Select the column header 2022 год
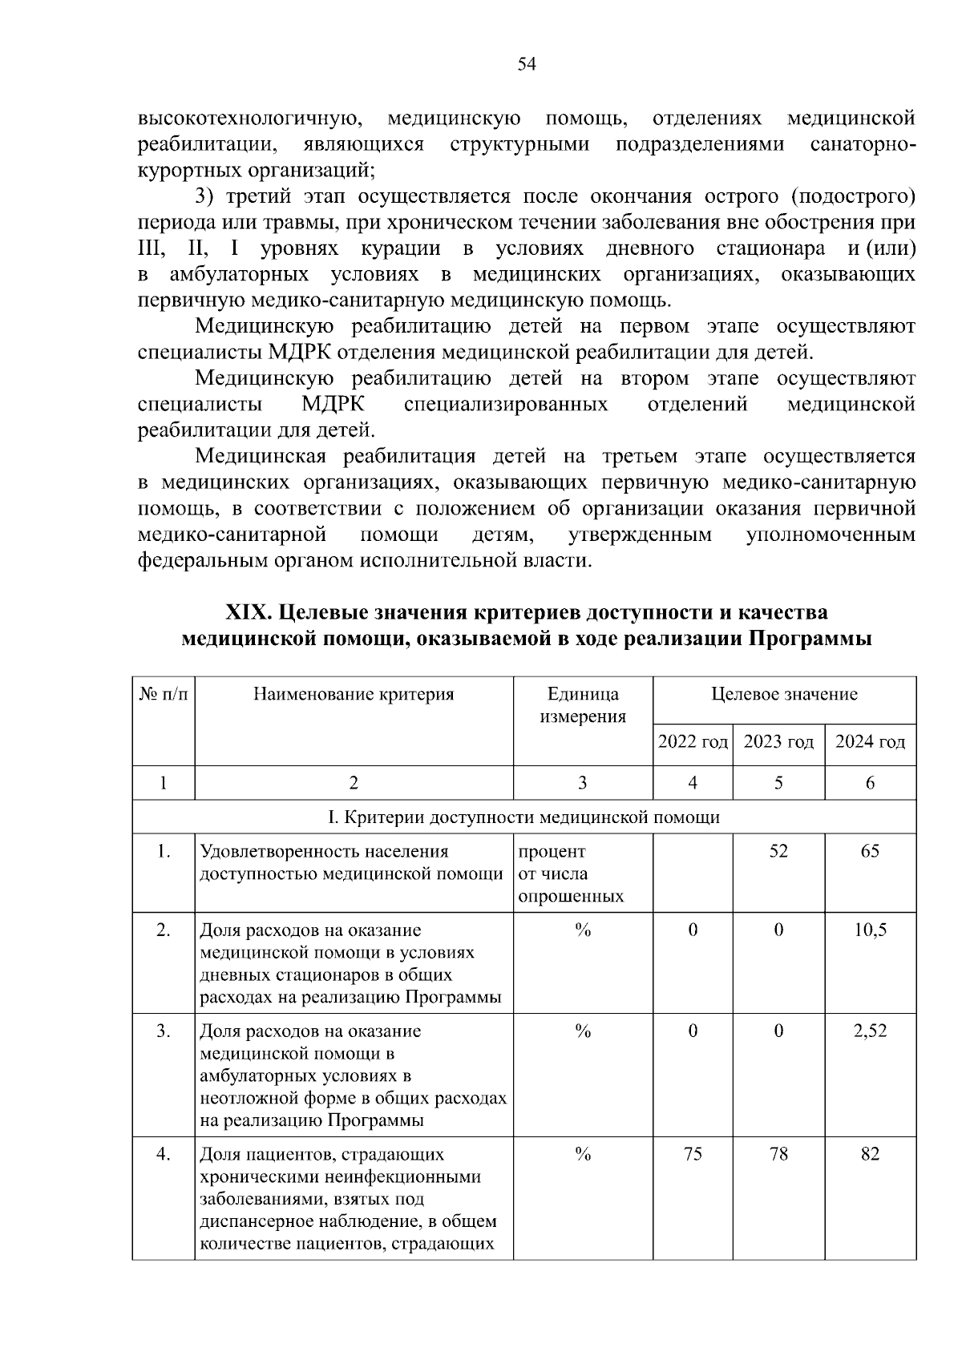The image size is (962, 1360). click(x=693, y=742)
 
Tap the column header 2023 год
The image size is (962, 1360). click(x=778, y=742)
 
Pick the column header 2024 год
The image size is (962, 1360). click(x=870, y=742)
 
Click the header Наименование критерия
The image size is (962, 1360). click(x=354, y=695)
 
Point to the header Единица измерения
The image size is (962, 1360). click(x=583, y=705)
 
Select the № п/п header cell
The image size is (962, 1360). click(x=164, y=695)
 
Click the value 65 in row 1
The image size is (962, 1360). click(x=870, y=851)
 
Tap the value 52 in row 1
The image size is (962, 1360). click(x=778, y=851)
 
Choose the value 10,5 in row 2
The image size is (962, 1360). click(x=870, y=930)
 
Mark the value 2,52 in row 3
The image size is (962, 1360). click(x=870, y=1031)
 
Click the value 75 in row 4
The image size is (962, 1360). click(x=693, y=1154)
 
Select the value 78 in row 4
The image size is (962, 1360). click(x=778, y=1154)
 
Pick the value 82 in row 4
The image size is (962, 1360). click(x=870, y=1154)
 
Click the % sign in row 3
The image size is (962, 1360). click(x=583, y=1031)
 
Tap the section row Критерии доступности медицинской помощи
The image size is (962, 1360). click(x=524, y=817)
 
